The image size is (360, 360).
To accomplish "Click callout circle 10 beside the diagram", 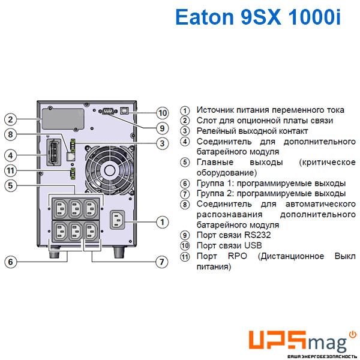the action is pyautogui.click(x=163, y=113).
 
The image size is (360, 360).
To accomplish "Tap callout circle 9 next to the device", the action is pyautogui.click(x=163, y=128).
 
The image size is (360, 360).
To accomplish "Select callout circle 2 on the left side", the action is pyautogui.click(x=10, y=119).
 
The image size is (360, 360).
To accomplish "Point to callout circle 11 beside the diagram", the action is pyautogui.click(x=10, y=170).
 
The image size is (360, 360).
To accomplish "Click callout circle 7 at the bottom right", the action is pyautogui.click(x=162, y=262).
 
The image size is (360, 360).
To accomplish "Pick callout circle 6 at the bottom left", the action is pyautogui.click(x=10, y=262).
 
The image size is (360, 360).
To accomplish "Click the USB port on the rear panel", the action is pyautogui.click(x=124, y=110).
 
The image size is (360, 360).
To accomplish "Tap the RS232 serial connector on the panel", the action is pyautogui.click(x=108, y=112).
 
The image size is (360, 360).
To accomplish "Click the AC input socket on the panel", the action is pyautogui.click(x=118, y=220).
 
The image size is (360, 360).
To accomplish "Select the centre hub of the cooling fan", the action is pyautogui.click(x=110, y=170).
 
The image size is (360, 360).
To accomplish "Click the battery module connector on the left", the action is pyautogui.click(x=54, y=152).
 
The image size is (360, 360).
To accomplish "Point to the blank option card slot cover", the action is pyautogui.click(x=62, y=119).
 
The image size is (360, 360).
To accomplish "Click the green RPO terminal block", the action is pyautogui.click(x=73, y=173).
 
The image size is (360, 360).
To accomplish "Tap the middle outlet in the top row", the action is pyautogui.click(x=76, y=208).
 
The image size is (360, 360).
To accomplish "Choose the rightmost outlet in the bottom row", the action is pyautogui.click(x=91, y=230).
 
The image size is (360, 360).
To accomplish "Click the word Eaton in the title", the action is pyautogui.click(x=205, y=17).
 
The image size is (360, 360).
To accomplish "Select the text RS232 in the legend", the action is pyautogui.click(x=257, y=235).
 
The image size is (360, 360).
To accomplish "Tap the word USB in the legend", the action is pyautogui.click(x=253, y=245).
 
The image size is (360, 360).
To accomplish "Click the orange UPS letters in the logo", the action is pyautogui.click(x=278, y=340).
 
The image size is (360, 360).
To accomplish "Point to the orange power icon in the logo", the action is pyautogui.click(x=353, y=334).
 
